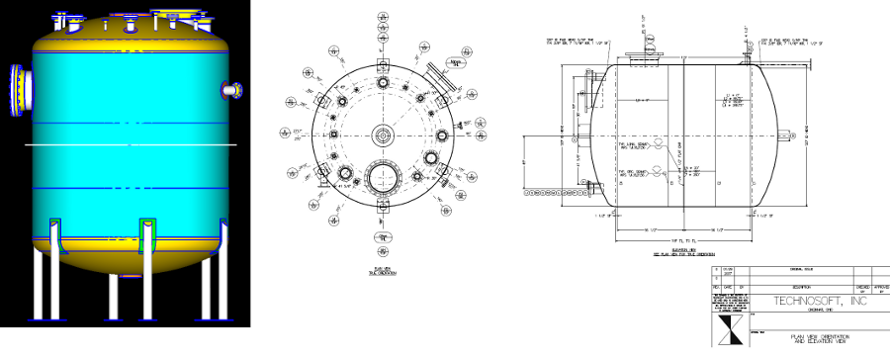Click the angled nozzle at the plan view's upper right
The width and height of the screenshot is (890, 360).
click(436, 78)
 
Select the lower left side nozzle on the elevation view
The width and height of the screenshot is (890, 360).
click(593, 188)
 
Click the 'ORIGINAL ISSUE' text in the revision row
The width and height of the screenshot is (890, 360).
click(794, 268)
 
